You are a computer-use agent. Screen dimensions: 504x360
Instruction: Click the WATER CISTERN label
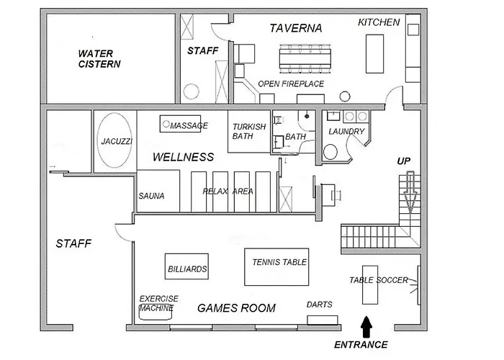(x=99, y=58)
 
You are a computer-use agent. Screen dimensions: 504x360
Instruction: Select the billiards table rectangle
(x=186, y=266)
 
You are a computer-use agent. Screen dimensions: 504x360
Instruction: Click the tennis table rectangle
(x=276, y=267)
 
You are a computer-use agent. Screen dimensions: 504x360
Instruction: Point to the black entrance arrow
(x=366, y=327)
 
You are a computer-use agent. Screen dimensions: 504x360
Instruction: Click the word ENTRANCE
(x=361, y=345)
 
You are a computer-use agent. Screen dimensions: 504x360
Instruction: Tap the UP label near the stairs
(x=404, y=161)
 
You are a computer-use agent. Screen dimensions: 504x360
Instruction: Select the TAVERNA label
(x=296, y=28)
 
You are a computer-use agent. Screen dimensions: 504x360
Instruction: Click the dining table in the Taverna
(x=305, y=59)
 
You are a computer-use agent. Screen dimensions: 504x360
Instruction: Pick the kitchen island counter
(x=375, y=54)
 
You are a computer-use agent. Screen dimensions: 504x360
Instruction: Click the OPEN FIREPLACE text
(x=291, y=84)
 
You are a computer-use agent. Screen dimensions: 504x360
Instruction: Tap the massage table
(x=180, y=124)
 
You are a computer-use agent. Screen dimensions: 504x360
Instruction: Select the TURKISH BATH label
(x=249, y=132)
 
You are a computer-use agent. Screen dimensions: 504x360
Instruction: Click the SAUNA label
(x=151, y=196)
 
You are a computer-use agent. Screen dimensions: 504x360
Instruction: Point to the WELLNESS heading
(x=183, y=157)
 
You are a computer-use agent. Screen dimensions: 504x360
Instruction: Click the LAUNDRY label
(x=346, y=132)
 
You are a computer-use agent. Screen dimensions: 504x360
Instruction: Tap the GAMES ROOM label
(x=237, y=308)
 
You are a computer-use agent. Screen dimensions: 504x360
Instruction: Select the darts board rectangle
(x=323, y=320)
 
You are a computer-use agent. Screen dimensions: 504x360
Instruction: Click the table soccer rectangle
(x=370, y=285)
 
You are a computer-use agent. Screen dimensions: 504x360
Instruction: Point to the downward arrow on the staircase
(x=410, y=192)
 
